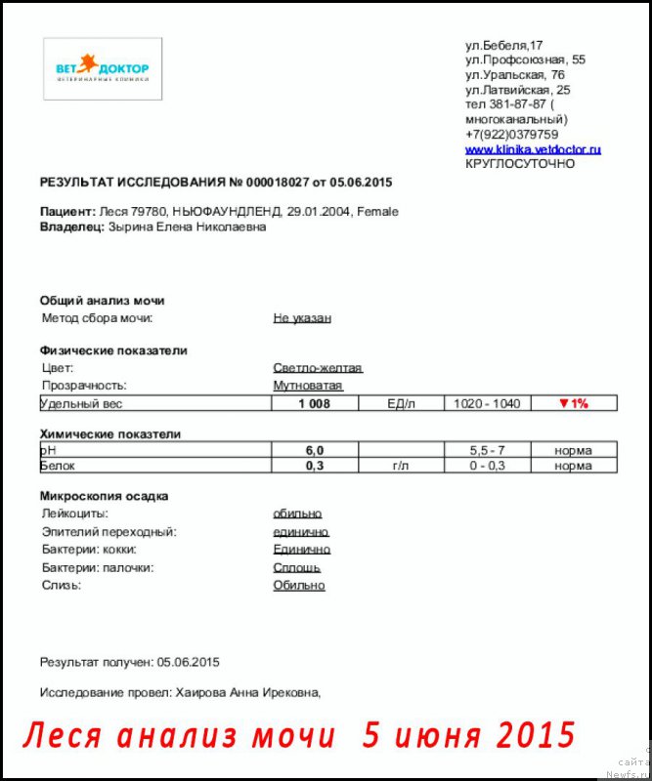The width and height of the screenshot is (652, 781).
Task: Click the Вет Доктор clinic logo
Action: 103,69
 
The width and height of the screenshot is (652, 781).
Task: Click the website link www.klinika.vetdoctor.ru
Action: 533,149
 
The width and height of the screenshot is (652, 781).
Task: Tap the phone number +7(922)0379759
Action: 512,135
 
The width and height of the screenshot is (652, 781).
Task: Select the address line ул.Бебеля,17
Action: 503,46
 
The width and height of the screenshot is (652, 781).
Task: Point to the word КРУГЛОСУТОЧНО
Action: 520,164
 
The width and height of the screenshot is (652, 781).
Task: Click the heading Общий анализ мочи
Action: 102,301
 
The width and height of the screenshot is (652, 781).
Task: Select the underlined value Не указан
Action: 302,318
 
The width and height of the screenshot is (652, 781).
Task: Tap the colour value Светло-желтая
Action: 318,368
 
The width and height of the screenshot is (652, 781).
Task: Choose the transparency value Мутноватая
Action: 308,386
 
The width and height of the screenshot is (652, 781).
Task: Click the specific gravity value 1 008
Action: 314,403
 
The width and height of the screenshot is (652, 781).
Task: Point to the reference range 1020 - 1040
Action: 488,403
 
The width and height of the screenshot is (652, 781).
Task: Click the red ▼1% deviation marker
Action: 573,403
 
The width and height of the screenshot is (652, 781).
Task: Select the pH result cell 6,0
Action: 314,450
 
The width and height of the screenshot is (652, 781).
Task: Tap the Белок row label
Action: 58,467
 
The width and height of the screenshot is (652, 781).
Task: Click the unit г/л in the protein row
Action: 401,467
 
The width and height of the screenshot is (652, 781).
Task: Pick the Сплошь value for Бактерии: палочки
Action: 297,567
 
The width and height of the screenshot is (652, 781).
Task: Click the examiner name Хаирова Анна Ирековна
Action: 248,692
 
